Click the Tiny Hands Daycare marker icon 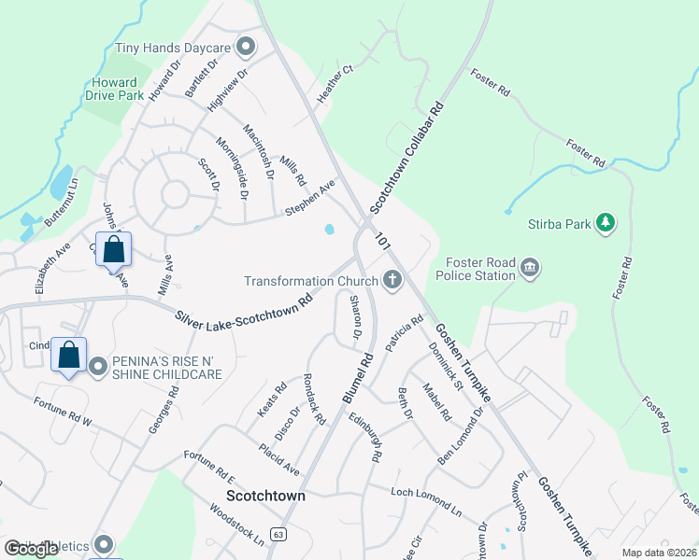247,46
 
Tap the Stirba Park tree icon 606,222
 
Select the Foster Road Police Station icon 530,269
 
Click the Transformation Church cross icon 392,280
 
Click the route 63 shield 278,534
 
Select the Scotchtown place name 265,497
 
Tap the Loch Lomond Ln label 427,500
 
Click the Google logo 32,549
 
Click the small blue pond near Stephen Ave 329,229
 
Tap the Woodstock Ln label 236,526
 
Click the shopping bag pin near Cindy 69,356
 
